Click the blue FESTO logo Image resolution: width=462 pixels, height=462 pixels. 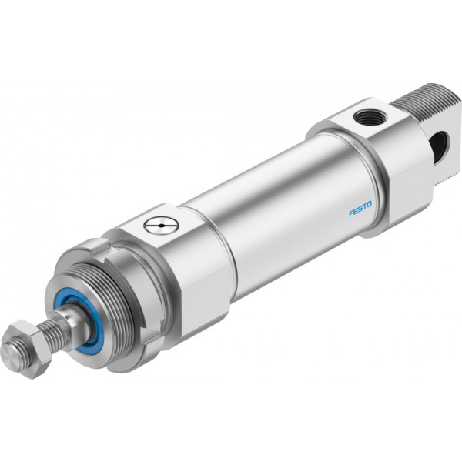click(x=360, y=209)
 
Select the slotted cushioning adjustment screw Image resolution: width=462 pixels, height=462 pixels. click(x=162, y=226)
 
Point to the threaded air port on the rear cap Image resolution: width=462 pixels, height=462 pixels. click(x=368, y=117)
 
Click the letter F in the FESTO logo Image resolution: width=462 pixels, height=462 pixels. click(x=351, y=213)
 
